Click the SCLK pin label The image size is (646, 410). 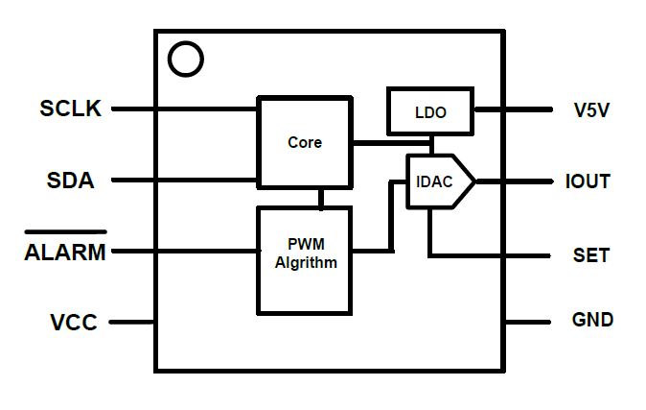coord(71,109)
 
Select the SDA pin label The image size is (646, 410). coord(71,181)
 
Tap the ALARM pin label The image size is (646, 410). coord(65,253)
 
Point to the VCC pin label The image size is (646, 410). coord(74,323)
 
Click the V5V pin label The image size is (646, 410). coord(591,109)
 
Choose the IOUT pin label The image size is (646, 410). coord(588,181)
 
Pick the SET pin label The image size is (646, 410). coord(591,255)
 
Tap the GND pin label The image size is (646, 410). coord(592,320)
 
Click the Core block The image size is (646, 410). coord(305,142)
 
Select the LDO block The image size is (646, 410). coord(430,111)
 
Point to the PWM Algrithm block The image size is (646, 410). coord(305,260)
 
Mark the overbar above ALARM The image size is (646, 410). coord(65,232)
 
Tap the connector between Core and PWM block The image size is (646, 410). coord(321,198)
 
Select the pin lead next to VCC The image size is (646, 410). coord(132,322)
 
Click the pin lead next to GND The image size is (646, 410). coord(528,322)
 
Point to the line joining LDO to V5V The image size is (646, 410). coord(514,109)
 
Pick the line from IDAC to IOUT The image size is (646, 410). coord(515,181)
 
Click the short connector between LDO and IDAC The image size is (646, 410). coord(431,145)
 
